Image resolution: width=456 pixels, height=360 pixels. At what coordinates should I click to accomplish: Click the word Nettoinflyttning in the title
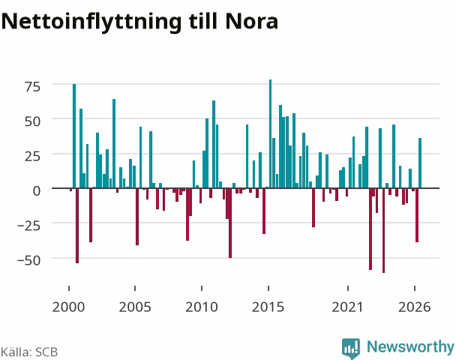91,22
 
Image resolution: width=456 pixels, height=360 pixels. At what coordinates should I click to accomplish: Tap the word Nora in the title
251,21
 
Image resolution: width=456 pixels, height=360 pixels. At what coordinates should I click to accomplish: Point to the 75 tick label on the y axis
32,86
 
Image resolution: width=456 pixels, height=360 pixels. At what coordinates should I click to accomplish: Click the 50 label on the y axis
32,121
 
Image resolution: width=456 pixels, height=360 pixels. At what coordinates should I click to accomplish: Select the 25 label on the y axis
32,156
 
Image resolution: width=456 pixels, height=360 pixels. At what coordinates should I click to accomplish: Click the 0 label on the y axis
37,191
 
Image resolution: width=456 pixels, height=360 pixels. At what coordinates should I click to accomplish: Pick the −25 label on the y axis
28,226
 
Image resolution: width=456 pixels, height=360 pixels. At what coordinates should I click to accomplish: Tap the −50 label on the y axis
28,260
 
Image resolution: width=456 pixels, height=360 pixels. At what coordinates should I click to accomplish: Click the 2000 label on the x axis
69,307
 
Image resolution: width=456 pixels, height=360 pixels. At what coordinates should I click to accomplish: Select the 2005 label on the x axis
135,307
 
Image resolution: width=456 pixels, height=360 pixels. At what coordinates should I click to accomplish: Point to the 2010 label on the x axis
202,307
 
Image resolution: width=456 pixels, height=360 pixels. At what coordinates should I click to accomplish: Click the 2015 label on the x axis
268,307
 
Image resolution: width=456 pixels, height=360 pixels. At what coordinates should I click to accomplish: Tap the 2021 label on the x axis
348,307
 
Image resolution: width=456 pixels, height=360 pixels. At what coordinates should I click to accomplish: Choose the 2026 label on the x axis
415,307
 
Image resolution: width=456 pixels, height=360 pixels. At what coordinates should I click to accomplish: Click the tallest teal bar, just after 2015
270,133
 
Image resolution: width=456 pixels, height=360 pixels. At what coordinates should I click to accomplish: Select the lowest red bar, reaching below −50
383,230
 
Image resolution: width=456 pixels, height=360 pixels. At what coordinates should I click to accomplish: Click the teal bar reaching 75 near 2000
74,136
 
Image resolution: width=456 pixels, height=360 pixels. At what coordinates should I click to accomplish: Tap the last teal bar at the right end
420,163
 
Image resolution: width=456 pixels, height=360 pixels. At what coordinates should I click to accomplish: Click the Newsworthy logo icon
351,348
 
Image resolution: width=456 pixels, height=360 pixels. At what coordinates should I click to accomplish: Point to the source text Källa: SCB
29,352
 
